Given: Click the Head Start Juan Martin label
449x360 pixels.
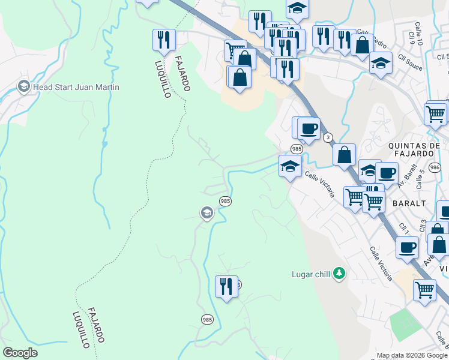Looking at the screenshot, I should [x=76, y=87].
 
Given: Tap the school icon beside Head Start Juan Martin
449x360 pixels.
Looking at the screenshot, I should [x=24, y=87].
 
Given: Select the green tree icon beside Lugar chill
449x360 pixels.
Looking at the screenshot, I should [x=339, y=274].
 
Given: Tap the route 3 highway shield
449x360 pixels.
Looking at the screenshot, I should [x=328, y=137].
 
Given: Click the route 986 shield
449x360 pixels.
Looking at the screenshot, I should [x=435, y=167].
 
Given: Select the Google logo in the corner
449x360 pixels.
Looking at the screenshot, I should [x=20, y=352].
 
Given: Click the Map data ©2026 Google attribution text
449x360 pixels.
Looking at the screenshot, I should [x=411, y=355].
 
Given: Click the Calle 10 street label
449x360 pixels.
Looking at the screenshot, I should [x=419, y=32].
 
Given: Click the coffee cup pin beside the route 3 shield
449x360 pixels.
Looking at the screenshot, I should [x=309, y=128].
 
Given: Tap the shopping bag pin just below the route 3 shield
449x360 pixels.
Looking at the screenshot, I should [x=345, y=154].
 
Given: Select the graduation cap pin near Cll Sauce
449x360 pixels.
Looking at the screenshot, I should [x=380, y=62].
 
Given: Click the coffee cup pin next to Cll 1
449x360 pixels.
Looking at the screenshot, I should [x=407, y=247].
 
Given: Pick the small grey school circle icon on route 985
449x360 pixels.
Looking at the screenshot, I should [x=206, y=213].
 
